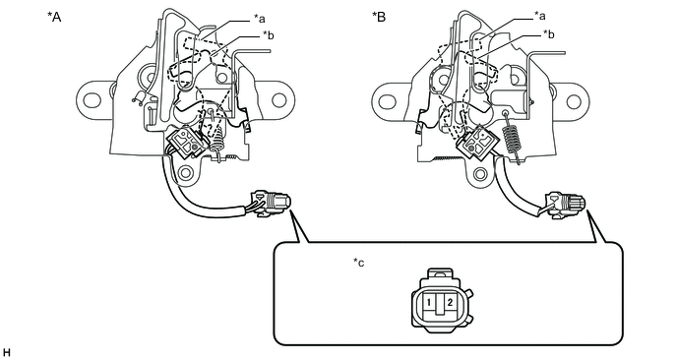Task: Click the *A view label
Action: [x=54, y=18]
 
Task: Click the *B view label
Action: [x=379, y=18]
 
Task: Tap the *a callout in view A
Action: [x=259, y=19]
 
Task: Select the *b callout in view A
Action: [x=268, y=35]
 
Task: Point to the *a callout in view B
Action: [x=539, y=17]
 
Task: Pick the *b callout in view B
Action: [x=549, y=34]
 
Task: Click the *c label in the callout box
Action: [x=359, y=263]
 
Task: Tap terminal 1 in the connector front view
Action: [x=429, y=302]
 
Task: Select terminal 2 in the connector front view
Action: [x=450, y=302]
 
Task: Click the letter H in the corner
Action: [x=6, y=353]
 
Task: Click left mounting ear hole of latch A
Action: [x=92, y=100]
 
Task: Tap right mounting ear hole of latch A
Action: [x=279, y=100]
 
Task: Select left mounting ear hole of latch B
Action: [x=387, y=102]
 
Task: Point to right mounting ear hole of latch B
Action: [x=574, y=102]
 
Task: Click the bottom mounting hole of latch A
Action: [x=186, y=173]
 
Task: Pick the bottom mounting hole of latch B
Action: [x=480, y=174]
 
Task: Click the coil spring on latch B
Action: [x=511, y=138]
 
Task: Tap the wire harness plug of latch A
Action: [x=271, y=202]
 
